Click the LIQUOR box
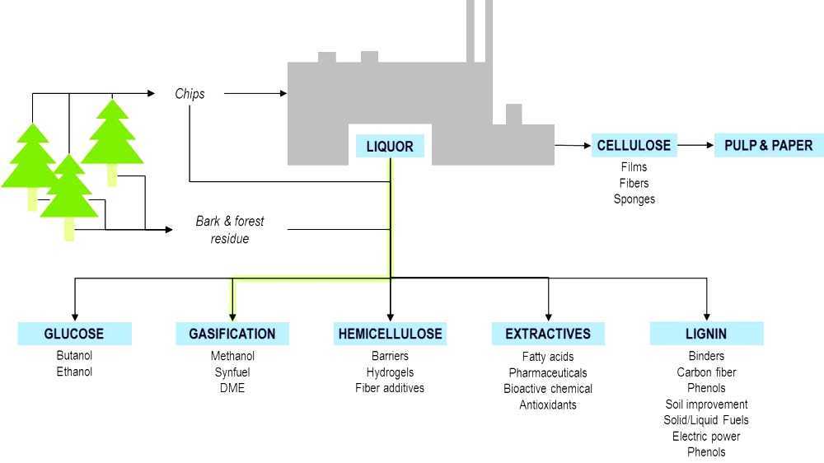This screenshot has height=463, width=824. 390,147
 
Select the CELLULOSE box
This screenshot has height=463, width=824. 634,145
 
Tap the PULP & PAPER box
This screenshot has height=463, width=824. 768,145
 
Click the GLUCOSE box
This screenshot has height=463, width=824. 74,334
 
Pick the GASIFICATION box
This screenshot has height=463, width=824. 232,334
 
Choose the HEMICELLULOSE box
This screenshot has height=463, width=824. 390,334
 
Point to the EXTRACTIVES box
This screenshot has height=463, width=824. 548,334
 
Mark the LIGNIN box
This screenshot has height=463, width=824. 706,334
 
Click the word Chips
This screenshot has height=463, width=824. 190,94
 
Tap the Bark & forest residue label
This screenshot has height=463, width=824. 230,230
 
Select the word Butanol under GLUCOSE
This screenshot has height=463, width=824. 74,356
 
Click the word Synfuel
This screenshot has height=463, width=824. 232,372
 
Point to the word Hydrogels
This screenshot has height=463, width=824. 390,372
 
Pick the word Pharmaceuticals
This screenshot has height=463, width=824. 548,372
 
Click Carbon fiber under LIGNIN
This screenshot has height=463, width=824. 706,372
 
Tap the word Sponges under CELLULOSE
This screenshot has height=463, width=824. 634,199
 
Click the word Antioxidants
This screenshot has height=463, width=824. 548,405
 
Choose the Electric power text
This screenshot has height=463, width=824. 706,437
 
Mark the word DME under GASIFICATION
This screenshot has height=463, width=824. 232,388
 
